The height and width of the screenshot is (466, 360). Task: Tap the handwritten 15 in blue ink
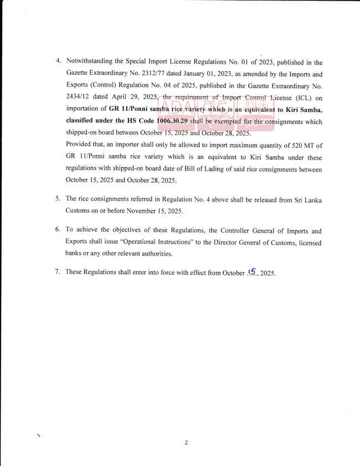coord(253,272)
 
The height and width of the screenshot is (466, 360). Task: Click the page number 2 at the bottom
coord(187,442)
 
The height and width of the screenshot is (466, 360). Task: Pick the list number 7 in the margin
coord(58,272)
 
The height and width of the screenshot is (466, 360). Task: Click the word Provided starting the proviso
coord(79,145)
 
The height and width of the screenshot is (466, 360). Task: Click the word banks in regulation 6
coord(75,254)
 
